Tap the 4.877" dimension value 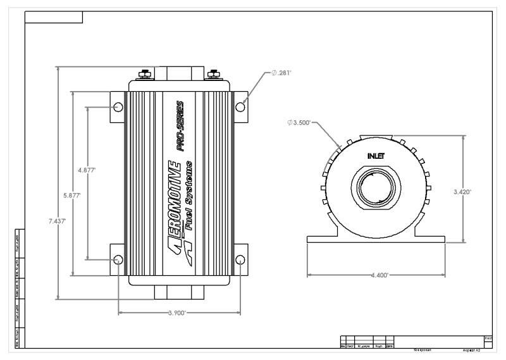coord(86,170)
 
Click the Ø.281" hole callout coord(281,73)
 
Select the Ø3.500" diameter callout coord(299,123)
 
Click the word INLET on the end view coord(376,155)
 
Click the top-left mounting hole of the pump coord(118,106)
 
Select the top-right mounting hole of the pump coord(240,106)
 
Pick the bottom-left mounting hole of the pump coord(118,260)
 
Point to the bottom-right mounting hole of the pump coord(240,260)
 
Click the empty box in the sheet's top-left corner coord(54,17)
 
